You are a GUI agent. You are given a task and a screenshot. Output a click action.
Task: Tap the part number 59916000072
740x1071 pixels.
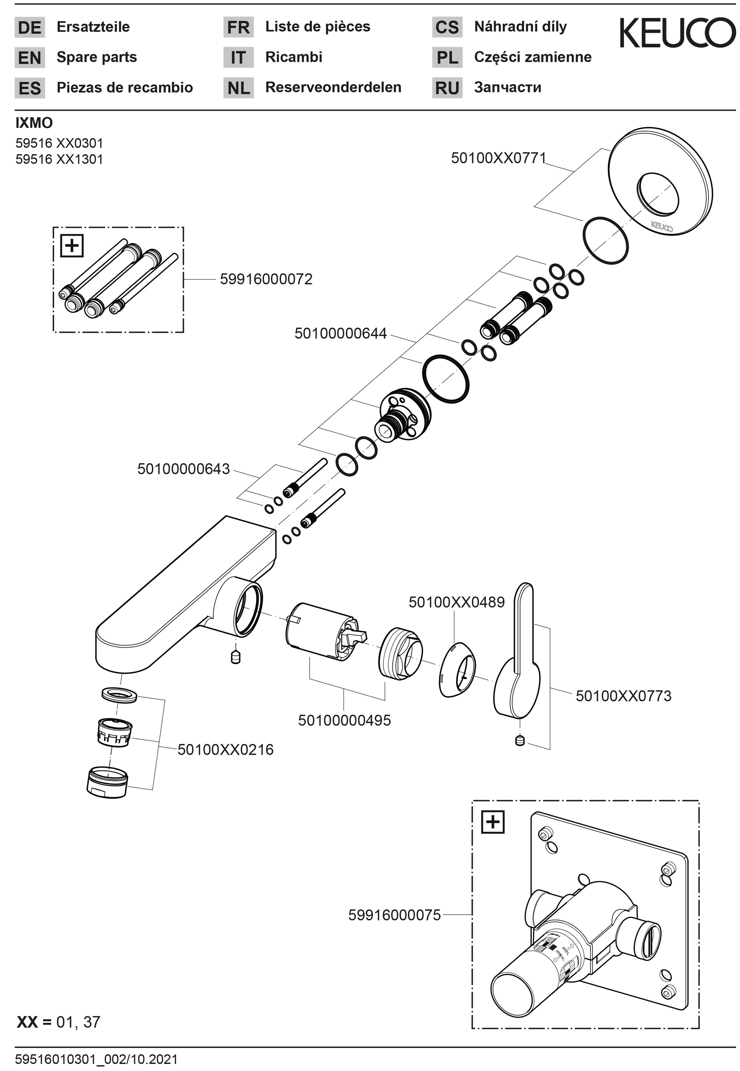pyautogui.click(x=266, y=279)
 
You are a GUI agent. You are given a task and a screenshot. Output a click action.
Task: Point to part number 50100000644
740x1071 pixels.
pyautogui.click(x=340, y=333)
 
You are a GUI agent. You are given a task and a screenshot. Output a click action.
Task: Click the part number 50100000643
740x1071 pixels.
pyautogui.click(x=184, y=469)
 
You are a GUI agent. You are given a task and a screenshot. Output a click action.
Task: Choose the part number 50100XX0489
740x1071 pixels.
pyautogui.click(x=456, y=602)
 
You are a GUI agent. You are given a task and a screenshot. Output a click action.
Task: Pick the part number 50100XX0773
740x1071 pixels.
pyautogui.click(x=623, y=696)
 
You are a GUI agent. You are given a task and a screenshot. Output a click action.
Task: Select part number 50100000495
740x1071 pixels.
pyautogui.click(x=344, y=720)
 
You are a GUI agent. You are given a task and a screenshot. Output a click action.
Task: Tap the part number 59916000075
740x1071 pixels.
pyautogui.click(x=394, y=915)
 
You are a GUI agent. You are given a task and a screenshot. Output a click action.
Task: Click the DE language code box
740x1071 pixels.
pyautogui.click(x=30, y=27)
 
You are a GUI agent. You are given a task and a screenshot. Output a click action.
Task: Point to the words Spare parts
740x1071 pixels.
pyautogui.click(x=97, y=57)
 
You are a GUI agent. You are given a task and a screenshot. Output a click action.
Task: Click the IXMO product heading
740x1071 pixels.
pyautogui.click(x=34, y=123)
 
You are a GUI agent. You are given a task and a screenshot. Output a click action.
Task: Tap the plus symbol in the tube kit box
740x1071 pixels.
pyautogui.click(x=72, y=246)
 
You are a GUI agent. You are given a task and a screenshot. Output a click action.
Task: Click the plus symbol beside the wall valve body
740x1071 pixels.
pyautogui.click(x=492, y=822)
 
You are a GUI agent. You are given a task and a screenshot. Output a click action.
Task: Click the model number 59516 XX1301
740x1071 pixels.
pyautogui.click(x=59, y=159)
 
